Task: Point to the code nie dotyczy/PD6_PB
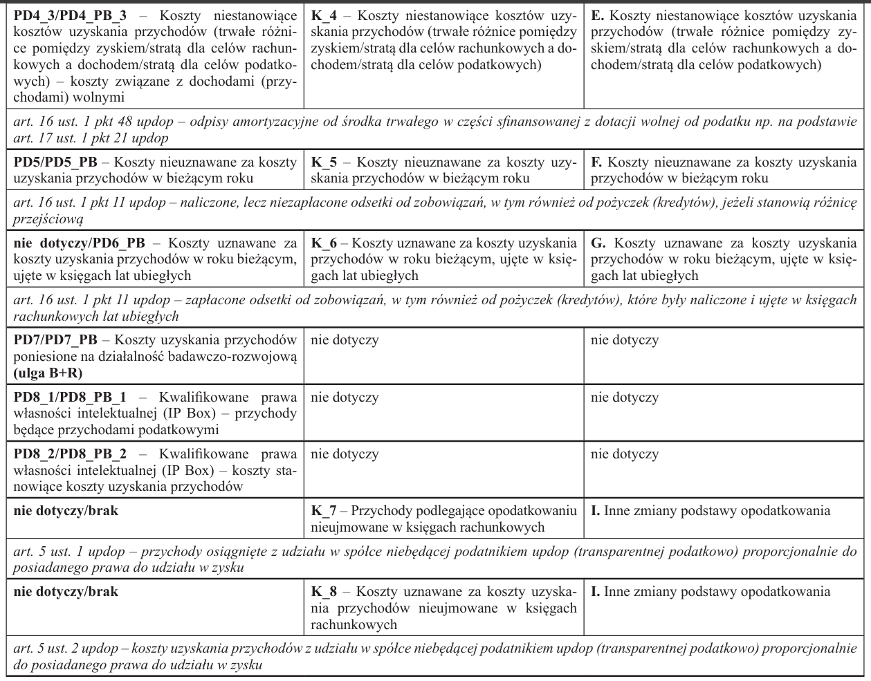click(x=80, y=243)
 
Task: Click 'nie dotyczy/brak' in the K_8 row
click(x=66, y=593)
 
